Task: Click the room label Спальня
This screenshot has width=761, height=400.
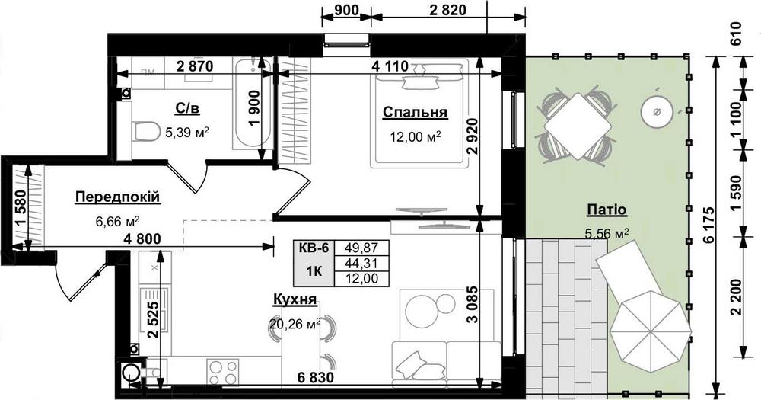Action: [x=415, y=112]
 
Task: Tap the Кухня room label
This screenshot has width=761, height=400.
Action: [x=295, y=299]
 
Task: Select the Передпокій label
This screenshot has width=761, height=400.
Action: [x=118, y=197]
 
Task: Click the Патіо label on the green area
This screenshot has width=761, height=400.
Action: [x=607, y=210]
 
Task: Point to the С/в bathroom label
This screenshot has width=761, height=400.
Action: [x=187, y=108]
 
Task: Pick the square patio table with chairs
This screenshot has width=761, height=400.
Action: [x=578, y=126]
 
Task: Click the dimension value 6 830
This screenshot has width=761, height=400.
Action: [x=316, y=376]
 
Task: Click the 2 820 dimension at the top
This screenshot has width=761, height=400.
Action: [x=447, y=10]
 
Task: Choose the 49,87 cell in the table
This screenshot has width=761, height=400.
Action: [x=361, y=248]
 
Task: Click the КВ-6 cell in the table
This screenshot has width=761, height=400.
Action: [x=313, y=248]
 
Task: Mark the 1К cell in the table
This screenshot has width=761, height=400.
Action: [x=313, y=270]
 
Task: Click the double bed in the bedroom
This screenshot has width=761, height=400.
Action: [x=419, y=114]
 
